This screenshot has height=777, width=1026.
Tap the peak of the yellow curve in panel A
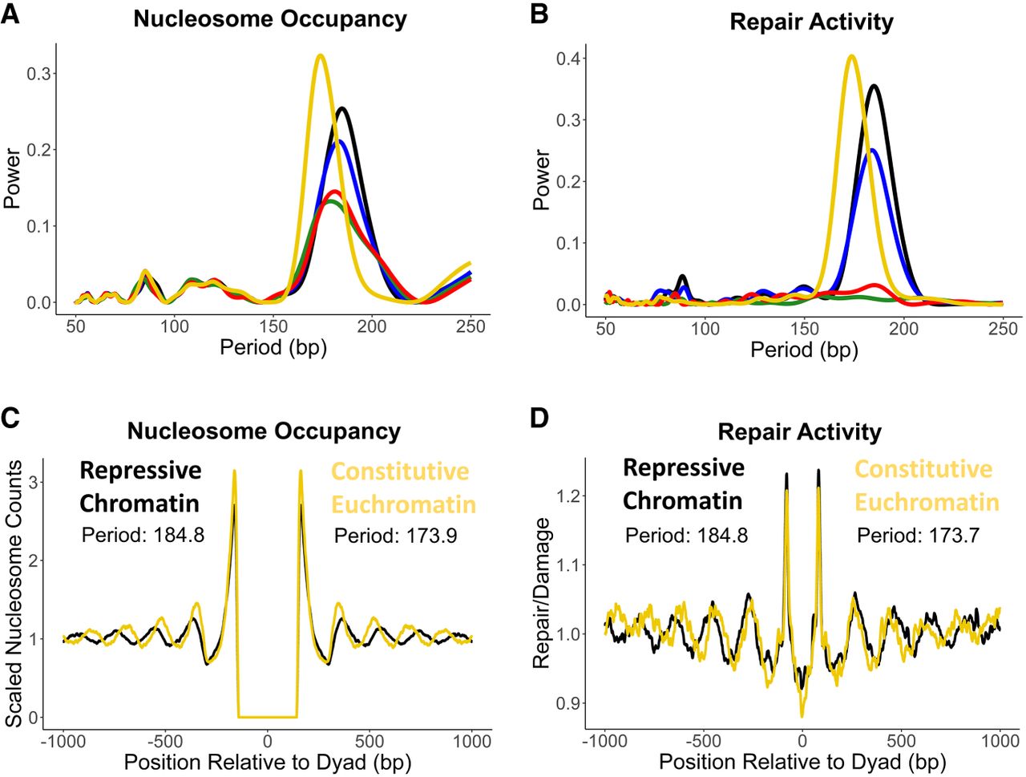320,55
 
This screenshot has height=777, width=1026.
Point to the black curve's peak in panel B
874,86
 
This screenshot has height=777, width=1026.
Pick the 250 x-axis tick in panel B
1003,328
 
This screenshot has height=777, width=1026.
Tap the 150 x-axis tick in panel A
273,326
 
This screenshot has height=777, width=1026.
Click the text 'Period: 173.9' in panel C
395,535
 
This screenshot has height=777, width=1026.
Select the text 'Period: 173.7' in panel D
918,535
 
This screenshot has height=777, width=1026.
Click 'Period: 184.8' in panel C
143,533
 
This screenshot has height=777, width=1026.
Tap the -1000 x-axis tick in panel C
64,741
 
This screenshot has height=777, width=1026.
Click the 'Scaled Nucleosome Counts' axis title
14,593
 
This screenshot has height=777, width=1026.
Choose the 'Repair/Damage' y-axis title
543,593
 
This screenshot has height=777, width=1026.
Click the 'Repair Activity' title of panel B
811,22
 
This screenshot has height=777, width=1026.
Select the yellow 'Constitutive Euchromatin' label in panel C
403,488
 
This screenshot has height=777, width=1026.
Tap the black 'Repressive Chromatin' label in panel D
683,484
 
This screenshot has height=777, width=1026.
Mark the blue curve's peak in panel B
872,150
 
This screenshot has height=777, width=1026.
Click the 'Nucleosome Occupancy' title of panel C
264,431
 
